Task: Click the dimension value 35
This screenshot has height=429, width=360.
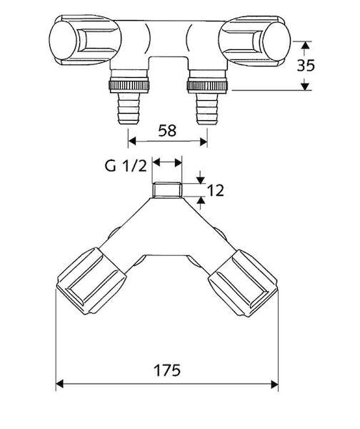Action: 306,65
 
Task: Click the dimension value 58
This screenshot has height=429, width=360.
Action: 167,131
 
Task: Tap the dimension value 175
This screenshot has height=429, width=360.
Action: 167,370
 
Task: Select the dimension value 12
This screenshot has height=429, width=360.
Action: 216,190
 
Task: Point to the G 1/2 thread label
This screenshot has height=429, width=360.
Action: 126,166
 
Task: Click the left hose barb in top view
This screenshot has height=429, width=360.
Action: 129,109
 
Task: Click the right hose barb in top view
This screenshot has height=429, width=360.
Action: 207,109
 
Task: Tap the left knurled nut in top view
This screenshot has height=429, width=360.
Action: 129,86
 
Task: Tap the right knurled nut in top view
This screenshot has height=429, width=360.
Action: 207,86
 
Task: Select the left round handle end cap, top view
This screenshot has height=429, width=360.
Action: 63,40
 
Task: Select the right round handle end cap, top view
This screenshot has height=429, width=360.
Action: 276,41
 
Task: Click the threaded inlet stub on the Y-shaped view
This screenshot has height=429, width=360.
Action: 167,190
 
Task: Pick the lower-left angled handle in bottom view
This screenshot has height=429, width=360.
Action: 91,281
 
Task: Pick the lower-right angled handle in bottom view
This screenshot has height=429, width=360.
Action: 243,283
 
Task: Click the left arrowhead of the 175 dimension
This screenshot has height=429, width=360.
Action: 59,384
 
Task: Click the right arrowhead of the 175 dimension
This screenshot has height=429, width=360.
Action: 274,384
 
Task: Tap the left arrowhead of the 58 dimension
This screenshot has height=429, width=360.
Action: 132,141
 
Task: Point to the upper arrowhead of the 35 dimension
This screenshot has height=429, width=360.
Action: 305,45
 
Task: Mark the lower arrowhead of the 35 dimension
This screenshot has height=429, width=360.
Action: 305,87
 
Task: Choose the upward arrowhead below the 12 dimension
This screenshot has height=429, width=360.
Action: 201,200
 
